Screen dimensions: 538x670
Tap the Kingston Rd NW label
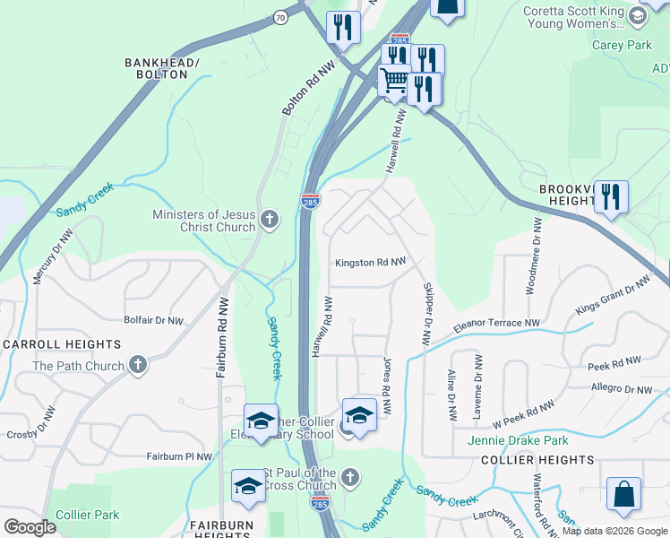[x=370, y=263]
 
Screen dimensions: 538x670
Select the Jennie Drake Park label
[x=518, y=440]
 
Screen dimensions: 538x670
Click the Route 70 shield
[x=280, y=16]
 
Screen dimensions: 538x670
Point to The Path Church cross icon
[x=137, y=365]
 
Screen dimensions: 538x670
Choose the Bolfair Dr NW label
[x=153, y=319]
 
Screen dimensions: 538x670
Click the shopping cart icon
[x=394, y=82]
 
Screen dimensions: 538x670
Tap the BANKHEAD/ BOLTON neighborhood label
[x=161, y=68]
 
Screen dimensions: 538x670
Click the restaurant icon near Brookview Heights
[x=611, y=195]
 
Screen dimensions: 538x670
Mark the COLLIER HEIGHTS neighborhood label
[x=537, y=460]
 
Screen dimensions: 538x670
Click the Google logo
[x=30, y=526]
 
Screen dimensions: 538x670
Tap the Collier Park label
[x=87, y=515]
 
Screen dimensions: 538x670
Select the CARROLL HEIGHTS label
[x=62, y=344]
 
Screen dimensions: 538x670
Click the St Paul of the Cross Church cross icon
[x=351, y=477]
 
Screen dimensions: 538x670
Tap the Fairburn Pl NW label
[x=179, y=456]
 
